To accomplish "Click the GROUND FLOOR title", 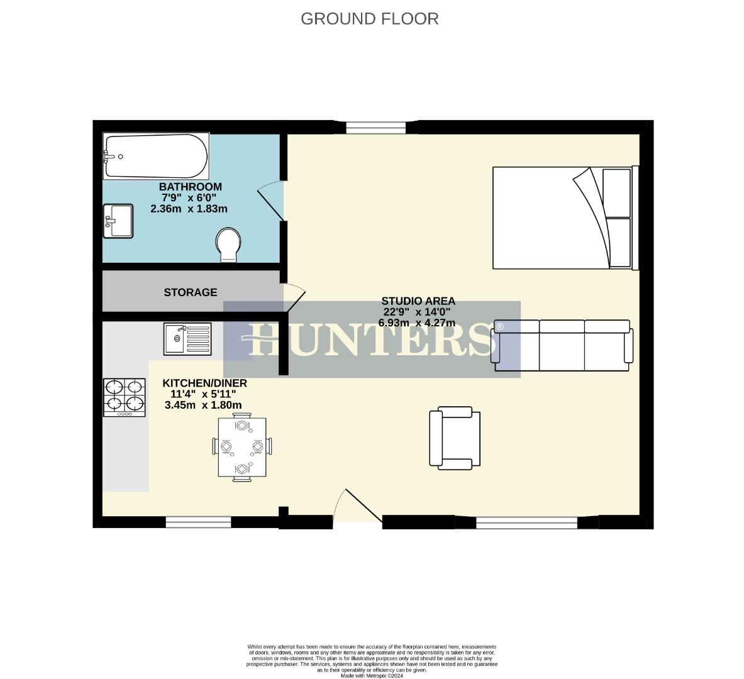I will [369, 19].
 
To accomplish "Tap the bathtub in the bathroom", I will [156, 156].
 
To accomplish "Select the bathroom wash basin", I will [118, 221].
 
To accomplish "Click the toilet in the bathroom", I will [228, 245].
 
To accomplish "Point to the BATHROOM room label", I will [190, 187].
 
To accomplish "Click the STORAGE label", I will [190, 292].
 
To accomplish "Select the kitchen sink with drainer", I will [187, 339].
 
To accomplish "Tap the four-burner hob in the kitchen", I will [124, 396].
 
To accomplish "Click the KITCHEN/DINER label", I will [204, 383].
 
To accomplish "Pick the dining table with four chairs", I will [242, 447].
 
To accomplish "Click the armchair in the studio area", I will [455, 438].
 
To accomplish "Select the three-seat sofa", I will [562, 345].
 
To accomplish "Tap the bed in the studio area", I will [565, 218].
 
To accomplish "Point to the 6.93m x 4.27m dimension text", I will [416, 323].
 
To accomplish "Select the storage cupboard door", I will [294, 297].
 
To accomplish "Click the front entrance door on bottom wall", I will [357, 508].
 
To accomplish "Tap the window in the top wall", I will [375, 128].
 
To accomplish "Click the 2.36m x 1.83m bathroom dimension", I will [189, 209].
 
